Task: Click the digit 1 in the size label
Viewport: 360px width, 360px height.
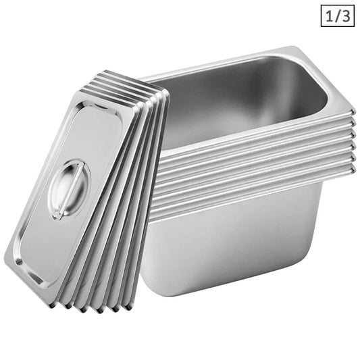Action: point(328,15)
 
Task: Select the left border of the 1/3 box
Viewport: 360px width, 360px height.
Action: point(322,15)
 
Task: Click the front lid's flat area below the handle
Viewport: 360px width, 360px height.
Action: point(47,236)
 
